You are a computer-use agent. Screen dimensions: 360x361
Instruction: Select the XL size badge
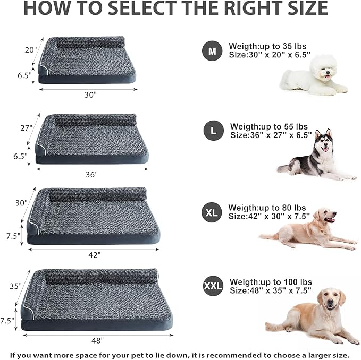(x=212, y=213)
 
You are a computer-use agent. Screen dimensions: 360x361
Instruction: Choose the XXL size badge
(x=213, y=287)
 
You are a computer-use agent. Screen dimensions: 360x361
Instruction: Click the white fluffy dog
(x=313, y=78)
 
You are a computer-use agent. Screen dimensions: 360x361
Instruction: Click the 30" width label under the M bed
(x=90, y=95)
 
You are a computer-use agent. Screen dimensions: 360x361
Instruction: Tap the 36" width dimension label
(x=92, y=174)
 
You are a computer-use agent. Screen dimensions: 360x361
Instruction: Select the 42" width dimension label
(x=94, y=254)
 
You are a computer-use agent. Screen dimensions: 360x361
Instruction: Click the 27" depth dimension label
(x=27, y=128)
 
